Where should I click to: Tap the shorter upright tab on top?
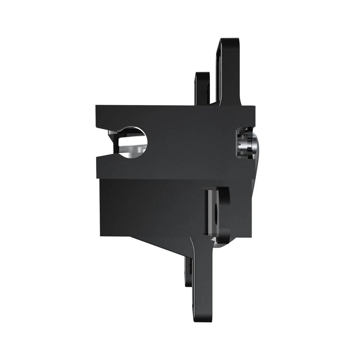pos(200,88)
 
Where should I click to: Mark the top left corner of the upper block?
pos(96,106)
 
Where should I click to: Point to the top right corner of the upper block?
pos(255,106)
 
